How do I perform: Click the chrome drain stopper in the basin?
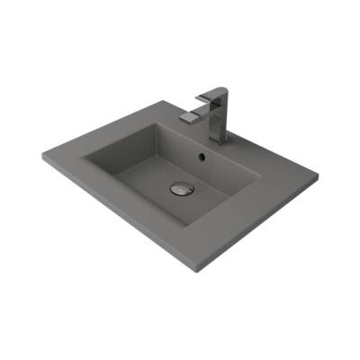180,189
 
